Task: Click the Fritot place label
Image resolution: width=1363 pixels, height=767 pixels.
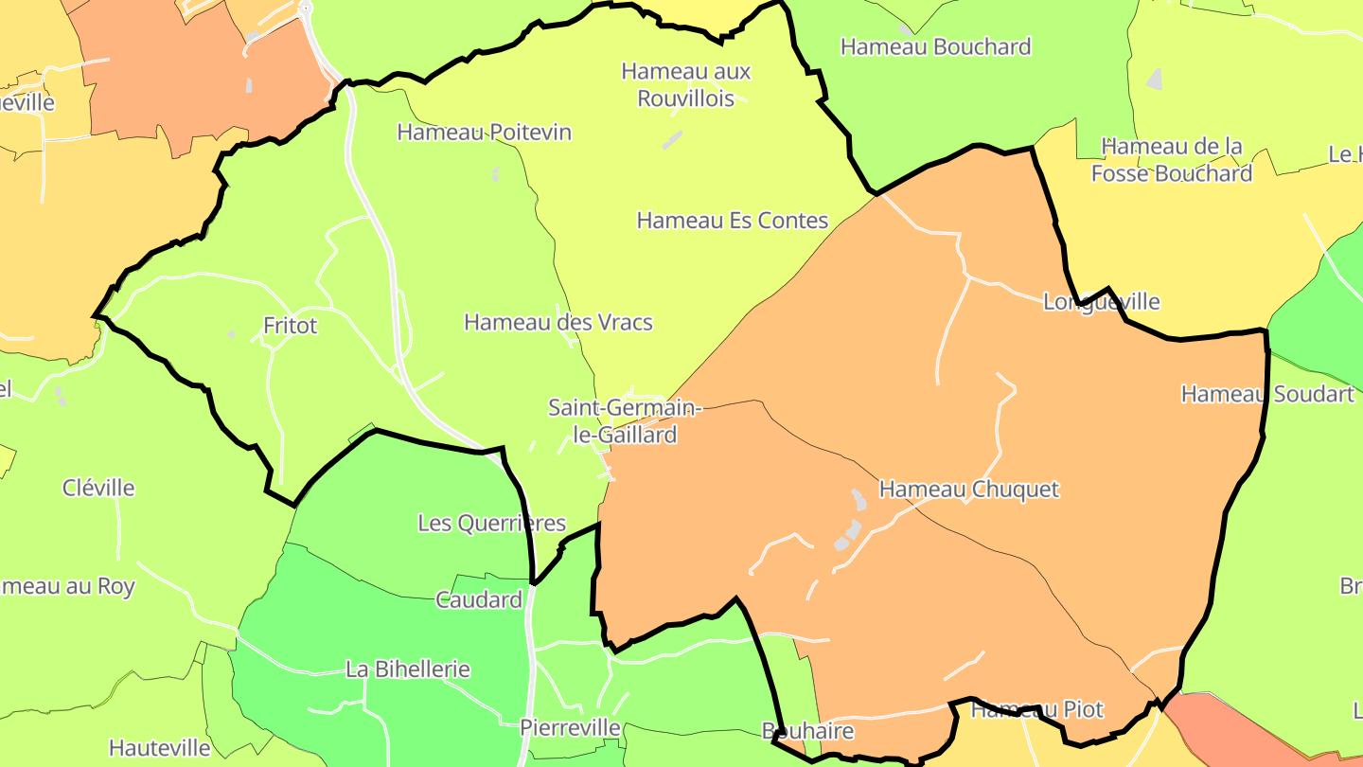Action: (x=290, y=326)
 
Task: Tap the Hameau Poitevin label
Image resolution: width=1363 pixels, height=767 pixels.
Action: (x=484, y=132)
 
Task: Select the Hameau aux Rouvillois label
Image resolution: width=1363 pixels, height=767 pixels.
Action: (x=686, y=84)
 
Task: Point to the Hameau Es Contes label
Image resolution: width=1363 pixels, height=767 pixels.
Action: (x=732, y=221)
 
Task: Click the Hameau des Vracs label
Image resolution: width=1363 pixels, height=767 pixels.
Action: (x=558, y=322)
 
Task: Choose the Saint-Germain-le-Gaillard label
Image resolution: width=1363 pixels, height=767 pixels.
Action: (x=626, y=421)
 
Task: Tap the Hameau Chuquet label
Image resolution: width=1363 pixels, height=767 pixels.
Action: (x=968, y=490)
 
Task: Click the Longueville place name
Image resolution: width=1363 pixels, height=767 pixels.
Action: (x=1101, y=302)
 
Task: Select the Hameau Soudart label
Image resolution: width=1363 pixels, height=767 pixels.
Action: (x=1267, y=394)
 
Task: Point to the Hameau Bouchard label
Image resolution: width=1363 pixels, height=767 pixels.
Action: (x=935, y=46)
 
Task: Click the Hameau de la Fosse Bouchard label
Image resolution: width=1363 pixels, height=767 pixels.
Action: (x=1172, y=160)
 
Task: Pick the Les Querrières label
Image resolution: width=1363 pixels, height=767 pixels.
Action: (x=491, y=523)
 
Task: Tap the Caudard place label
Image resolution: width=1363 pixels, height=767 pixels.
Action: (x=478, y=599)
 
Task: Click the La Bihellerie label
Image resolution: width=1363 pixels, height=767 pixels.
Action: (x=407, y=669)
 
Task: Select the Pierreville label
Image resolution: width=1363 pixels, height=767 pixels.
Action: (x=570, y=727)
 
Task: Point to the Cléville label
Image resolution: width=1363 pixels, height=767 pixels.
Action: (x=98, y=488)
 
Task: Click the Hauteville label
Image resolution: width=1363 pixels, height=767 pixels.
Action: (x=159, y=748)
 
